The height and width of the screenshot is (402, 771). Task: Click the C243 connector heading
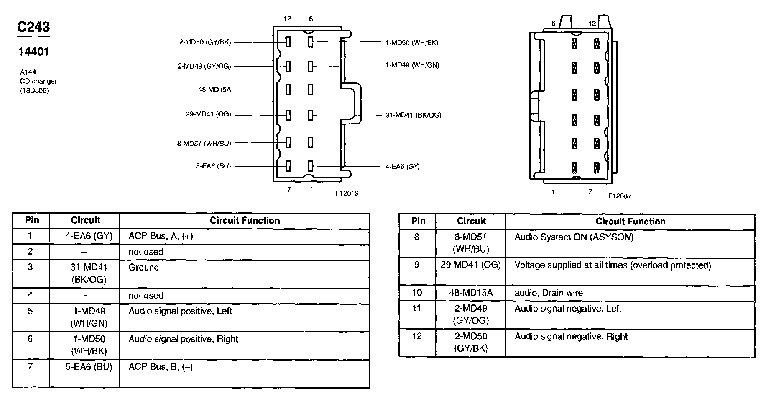[33, 27]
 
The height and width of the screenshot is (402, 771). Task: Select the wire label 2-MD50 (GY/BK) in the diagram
[205, 42]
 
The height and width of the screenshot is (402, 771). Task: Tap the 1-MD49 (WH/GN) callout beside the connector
[412, 65]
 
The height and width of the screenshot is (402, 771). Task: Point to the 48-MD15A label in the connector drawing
[214, 89]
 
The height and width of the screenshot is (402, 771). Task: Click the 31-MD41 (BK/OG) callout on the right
[413, 115]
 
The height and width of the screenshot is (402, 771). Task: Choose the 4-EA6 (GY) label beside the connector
[402, 166]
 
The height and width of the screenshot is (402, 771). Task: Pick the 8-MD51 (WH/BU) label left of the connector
[204, 143]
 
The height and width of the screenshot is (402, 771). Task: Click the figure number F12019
[347, 193]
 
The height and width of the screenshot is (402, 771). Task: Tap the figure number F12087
[620, 196]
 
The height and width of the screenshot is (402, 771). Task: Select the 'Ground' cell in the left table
[143, 267]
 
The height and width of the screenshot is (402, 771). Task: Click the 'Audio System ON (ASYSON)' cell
[574, 237]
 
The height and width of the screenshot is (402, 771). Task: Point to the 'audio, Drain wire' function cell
[548, 293]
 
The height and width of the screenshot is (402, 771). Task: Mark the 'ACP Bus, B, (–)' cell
[161, 367]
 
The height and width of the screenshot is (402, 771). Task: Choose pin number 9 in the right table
[416, 265]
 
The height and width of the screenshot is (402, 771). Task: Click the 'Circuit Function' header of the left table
[245, 220]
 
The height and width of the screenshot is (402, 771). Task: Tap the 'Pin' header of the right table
[418, 221]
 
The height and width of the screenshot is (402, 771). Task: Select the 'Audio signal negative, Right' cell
[571, 336]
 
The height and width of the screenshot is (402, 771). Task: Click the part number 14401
[33, 52]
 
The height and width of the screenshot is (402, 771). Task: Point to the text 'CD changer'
[38, 81]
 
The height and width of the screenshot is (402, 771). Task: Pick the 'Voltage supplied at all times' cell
[612, 265]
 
